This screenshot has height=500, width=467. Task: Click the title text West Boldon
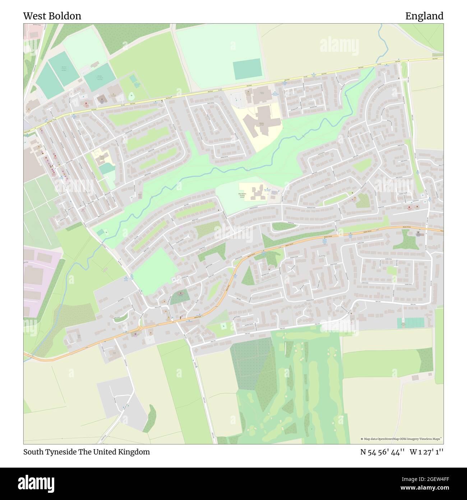click(52, 16)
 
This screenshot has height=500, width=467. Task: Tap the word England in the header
click(424, 16)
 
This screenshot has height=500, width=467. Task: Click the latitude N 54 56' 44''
click(383, 452)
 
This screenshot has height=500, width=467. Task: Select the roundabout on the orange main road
click(139, 328)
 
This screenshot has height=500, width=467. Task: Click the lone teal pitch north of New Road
click(247, 69)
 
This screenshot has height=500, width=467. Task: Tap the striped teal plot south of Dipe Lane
click(410, 323)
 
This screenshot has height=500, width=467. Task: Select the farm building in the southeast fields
click(415, 378)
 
